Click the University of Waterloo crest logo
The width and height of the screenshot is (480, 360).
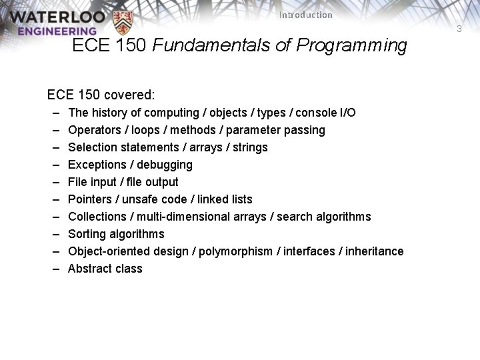tap(123, 23)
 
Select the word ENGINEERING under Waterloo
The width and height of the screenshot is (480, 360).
tap(57, 31)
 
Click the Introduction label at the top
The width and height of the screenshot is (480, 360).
tap(305, 15)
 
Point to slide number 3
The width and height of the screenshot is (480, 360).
tap(459, 29)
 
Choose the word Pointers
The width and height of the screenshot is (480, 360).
tap(90, 199)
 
